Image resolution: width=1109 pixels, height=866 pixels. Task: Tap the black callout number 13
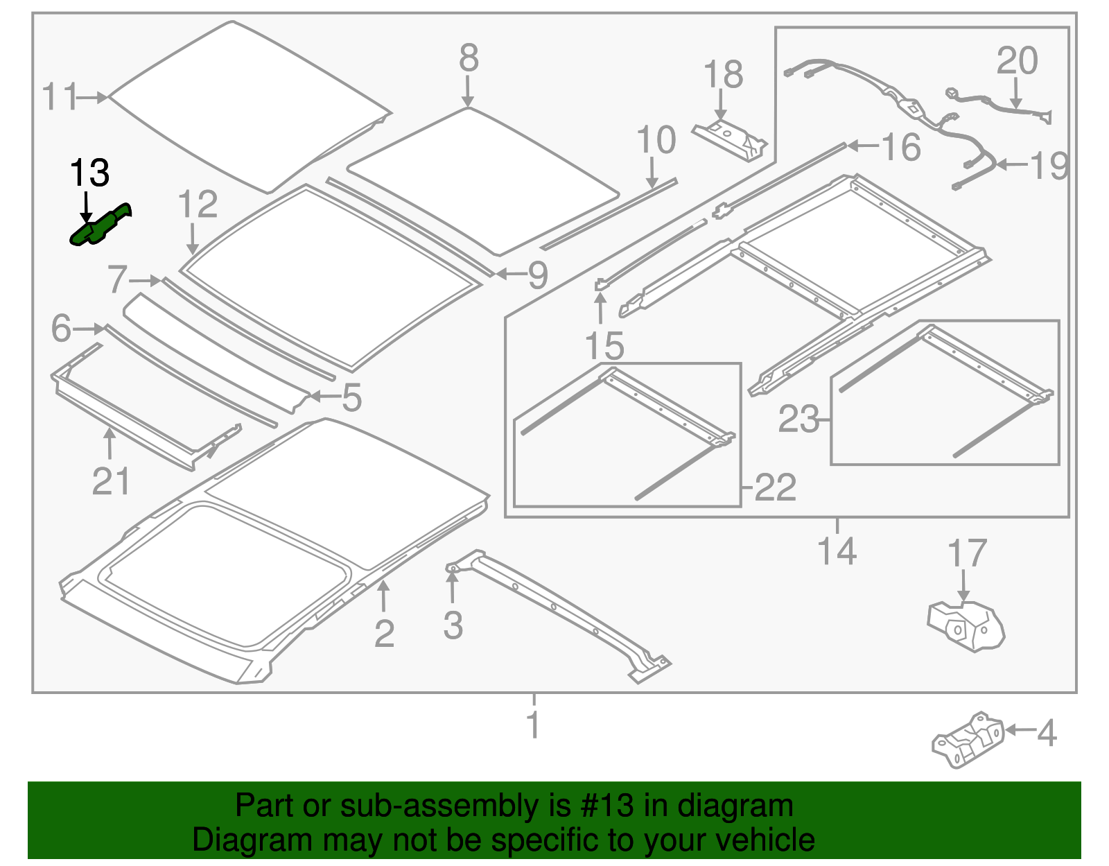tap(89, 173)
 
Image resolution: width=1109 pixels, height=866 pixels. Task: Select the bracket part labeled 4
tap(969, 739)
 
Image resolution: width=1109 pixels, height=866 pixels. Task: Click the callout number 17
tap(966, 553)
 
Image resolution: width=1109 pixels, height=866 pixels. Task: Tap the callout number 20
tap(1017, 61)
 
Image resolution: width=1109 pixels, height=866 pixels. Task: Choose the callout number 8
tap(469, 58)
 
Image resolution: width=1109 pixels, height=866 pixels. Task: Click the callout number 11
tap(60, 97)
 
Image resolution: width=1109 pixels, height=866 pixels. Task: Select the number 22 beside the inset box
tap(775, 487)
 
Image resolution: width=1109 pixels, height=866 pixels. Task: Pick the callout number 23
tap(798, 419)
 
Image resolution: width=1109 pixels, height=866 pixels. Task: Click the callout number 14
tap(837, 551)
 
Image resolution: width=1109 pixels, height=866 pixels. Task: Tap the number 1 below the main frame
tap(532, 725)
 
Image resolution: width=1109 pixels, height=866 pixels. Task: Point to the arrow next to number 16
tap(862, 146)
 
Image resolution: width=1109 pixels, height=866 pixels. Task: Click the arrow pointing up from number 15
tap(600, 309)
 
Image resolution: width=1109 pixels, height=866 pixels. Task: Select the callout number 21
tap(111, 481)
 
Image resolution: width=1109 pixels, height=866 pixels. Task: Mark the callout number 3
tap(453, 625)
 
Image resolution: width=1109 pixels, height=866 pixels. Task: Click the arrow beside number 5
tap(323, 397)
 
